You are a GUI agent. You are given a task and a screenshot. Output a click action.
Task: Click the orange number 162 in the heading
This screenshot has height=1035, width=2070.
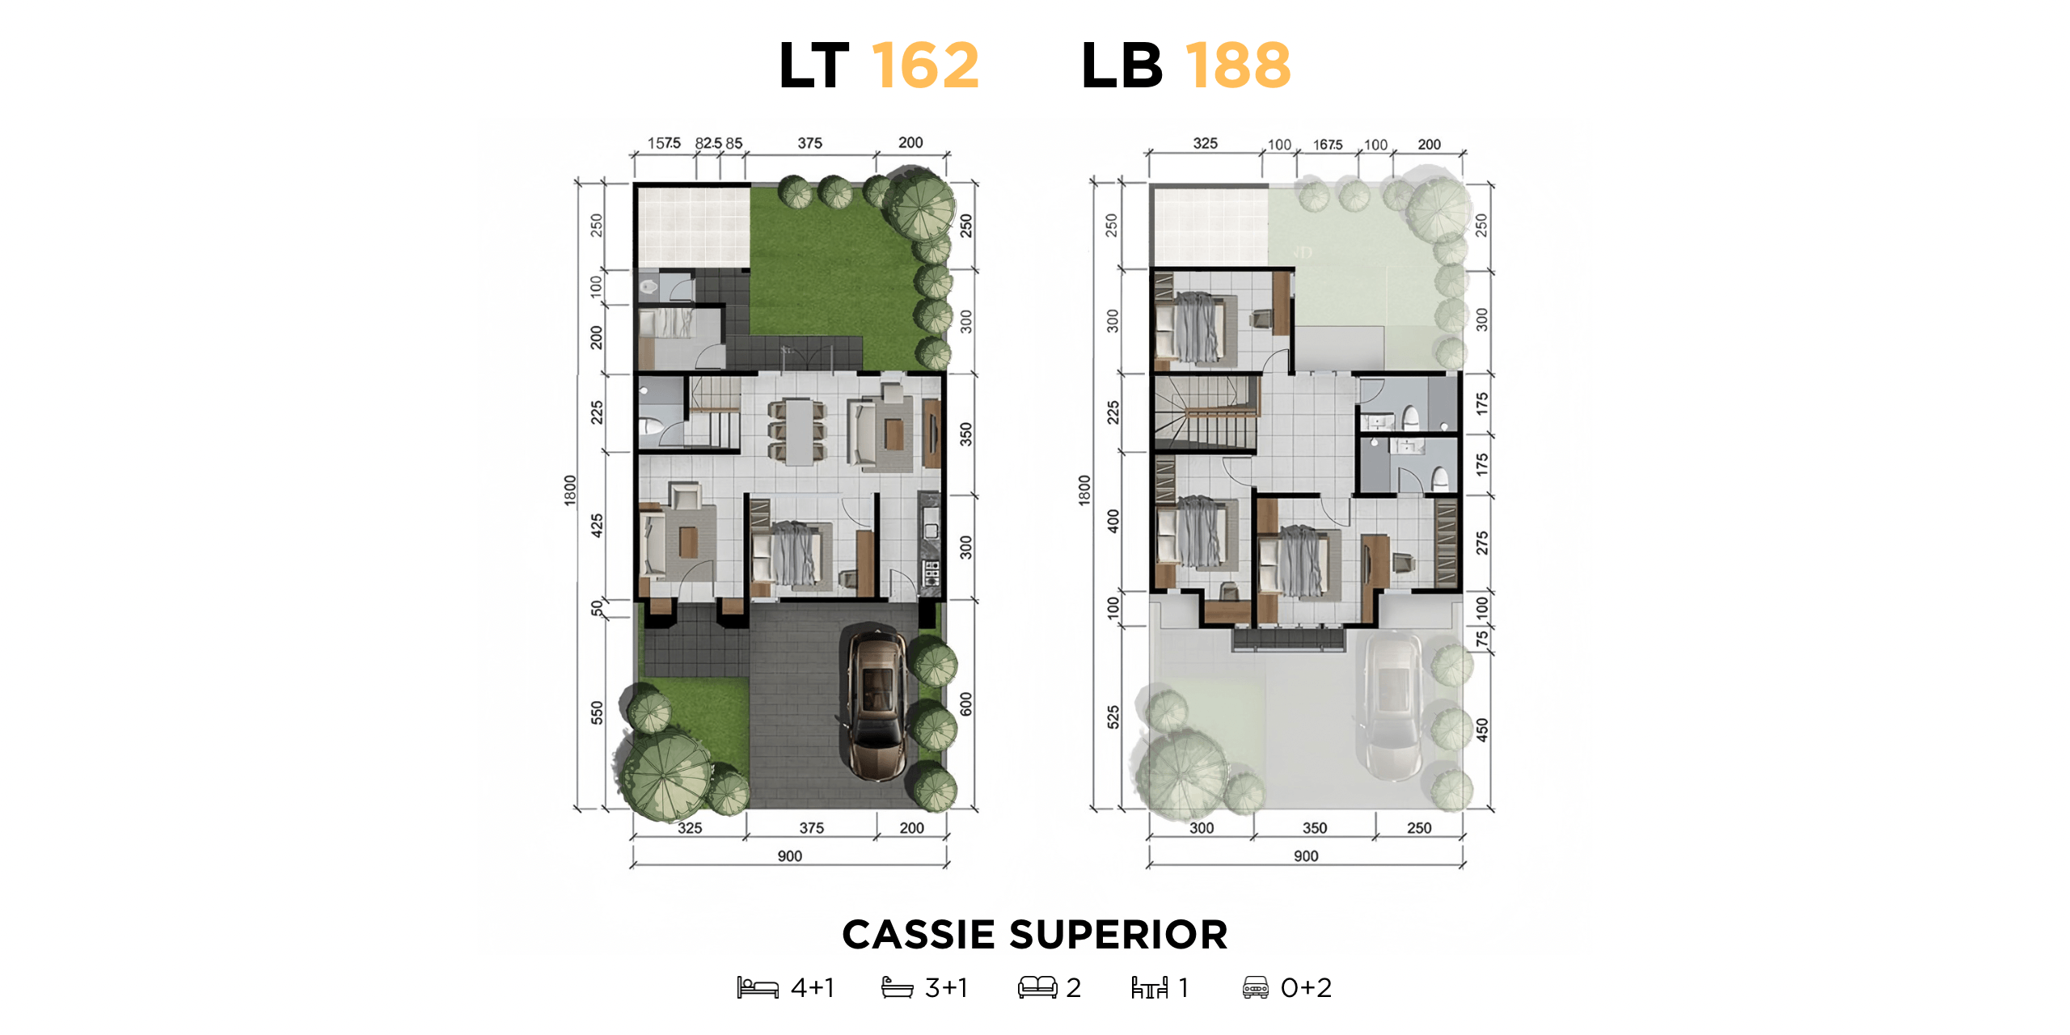point(926,65)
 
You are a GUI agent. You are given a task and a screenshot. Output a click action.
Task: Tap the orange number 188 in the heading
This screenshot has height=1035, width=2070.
point(1238,65)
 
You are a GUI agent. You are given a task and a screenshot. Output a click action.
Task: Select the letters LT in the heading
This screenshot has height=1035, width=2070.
point(814,65)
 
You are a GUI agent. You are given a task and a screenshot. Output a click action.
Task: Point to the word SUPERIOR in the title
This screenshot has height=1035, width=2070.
point(1119,935)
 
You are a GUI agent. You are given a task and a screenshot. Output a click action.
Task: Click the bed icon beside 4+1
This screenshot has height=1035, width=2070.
point(758,987)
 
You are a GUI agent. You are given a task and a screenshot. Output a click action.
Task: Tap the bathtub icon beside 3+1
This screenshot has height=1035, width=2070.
point(897,987)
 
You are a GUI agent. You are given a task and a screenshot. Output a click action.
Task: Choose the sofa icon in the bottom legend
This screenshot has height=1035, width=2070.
point(1037,987)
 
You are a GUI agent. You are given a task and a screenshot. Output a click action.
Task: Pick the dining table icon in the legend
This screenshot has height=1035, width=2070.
point(1149,987)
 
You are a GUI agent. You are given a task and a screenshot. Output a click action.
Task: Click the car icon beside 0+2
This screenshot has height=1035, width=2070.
point(1256,987)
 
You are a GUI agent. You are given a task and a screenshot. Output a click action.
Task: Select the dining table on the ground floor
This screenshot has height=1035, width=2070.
point(798,432)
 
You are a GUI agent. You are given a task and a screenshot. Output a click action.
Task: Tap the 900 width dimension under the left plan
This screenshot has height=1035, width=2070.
point(790,855)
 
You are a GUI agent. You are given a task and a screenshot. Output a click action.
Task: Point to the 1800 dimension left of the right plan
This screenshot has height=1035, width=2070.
point(1084,491)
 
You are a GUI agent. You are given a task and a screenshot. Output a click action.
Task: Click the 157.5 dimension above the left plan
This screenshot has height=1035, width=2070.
point(664,143)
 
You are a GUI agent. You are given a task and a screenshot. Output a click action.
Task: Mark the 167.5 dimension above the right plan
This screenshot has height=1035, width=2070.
point(1328,145)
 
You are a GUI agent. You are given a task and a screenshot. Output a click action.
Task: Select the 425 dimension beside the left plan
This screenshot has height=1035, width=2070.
point(597,526)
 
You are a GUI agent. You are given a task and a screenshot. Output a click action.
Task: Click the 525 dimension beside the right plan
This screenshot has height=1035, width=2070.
point(1113,717)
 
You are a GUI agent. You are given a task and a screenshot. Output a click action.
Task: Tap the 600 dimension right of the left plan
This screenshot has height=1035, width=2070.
point(966,703)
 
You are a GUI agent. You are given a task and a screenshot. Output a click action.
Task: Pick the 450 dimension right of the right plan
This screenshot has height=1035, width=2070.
point(1481,730)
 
